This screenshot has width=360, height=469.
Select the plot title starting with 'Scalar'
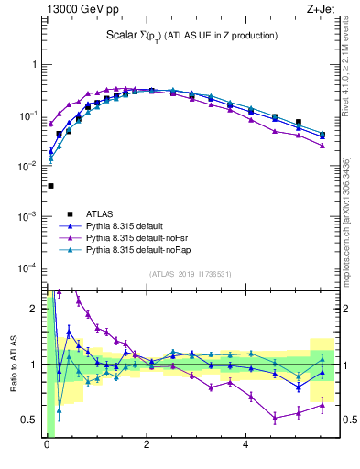pos(191,36)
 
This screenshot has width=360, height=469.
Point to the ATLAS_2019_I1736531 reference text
pos(191,274)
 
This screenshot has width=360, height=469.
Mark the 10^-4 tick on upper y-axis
pos(27,267)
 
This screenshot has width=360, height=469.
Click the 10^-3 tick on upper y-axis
pos(27,217)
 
